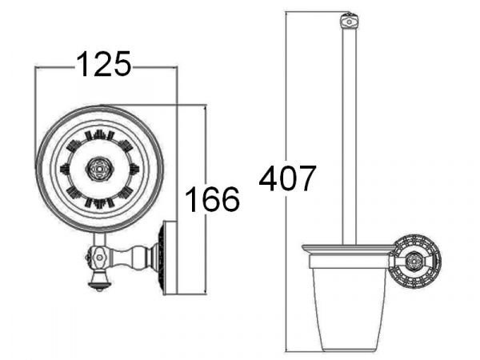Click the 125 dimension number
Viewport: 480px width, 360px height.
(x=103, y=64)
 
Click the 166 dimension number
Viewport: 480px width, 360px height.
(x=212, y=199)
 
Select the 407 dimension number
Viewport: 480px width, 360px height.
(x=287, y=178)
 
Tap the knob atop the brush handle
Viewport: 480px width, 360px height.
(x=350, y=22)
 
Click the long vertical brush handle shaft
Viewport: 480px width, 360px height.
(x=350, y=137)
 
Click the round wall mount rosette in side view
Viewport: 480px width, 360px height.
(x=416, y=261)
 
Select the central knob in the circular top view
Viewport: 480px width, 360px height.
(x=99, y=168)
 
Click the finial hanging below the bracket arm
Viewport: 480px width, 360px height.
(x=99, y=280)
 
